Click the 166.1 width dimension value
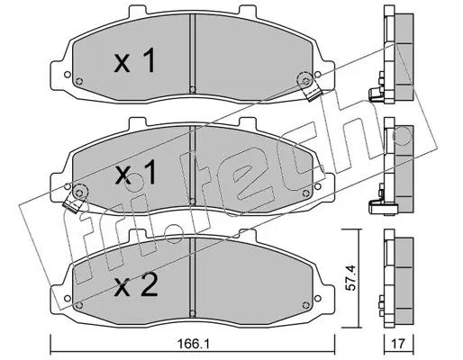click(194, 344)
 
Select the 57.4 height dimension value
click(351, 277)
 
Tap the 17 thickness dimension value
click(399, 344)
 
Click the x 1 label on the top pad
click(135, 60)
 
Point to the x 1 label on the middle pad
click(136, 172)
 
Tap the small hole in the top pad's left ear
click(68, 75)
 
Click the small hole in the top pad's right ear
click(317, 75)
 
